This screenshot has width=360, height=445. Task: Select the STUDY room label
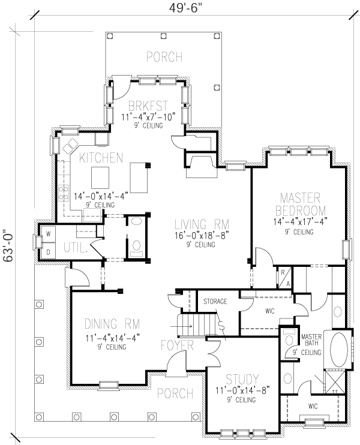[x=242, y=379]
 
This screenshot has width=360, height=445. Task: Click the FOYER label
[x=176, y=346]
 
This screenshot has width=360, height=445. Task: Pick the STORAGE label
[x=215, y=301]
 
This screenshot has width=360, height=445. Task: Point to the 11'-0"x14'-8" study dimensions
[x=242, y=390]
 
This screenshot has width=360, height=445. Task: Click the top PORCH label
[x=164, y=57]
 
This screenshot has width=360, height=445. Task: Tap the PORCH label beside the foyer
[x=175, y=393]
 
